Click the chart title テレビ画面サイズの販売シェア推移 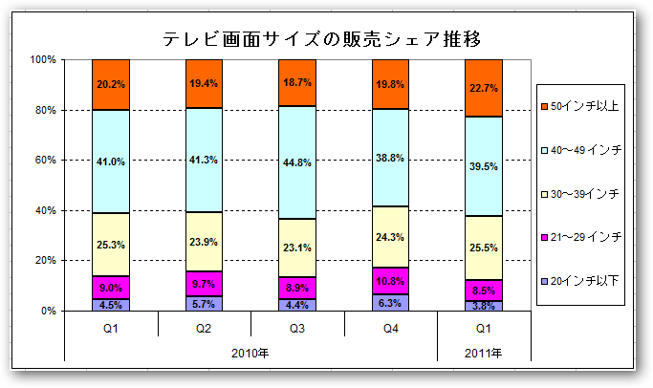[x=320, y=39]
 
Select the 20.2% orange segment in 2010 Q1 [x=111, y=84]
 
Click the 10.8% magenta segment [x=390, y=281]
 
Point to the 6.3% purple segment [x=390, y=303]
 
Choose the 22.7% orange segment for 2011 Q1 [x=483, y=88]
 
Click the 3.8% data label [x=483, y=306]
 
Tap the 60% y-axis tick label [x=48, y=161]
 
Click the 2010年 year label [x=250, y=352]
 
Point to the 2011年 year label [x=483, y=352]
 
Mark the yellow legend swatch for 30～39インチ [x=545, y=193]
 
